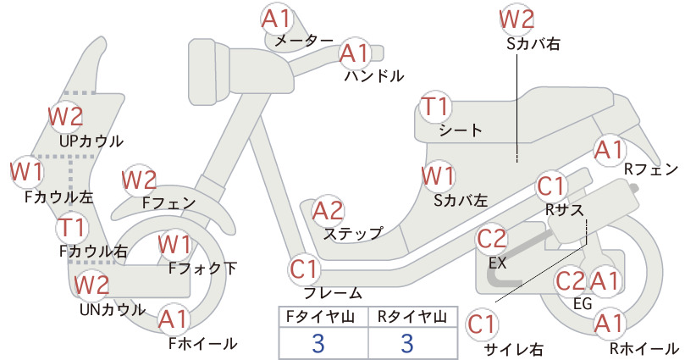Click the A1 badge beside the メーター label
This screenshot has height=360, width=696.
[x=276, y=19]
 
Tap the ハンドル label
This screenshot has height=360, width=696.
[x=374, y=76]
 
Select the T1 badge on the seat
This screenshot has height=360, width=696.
[x=435, y=108]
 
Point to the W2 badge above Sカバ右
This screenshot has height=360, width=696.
[x=516, y=19]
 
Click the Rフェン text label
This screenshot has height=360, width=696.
[x=651, y=169]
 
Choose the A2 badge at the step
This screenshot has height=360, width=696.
[x=328, y=211]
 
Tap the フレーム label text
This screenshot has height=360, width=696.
[x=333, y=293]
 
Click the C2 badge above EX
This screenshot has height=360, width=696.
[x=491, y=239]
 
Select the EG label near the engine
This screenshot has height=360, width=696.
[x=583, y=303]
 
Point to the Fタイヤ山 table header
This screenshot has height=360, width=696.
[x=320, y=317]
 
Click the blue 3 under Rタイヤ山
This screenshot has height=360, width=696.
[x=407, y=343]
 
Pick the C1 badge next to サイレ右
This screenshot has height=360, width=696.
[x=482, y=324]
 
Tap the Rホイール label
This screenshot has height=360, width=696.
[x=644, y=349]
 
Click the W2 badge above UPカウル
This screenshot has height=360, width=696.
[x=66, y=117]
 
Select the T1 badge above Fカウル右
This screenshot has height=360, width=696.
[x=72, y=228]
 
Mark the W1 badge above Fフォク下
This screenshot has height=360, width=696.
[x=174, y=245]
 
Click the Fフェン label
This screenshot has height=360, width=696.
[x=169, y=203]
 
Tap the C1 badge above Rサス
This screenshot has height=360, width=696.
[x=551, y=187]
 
